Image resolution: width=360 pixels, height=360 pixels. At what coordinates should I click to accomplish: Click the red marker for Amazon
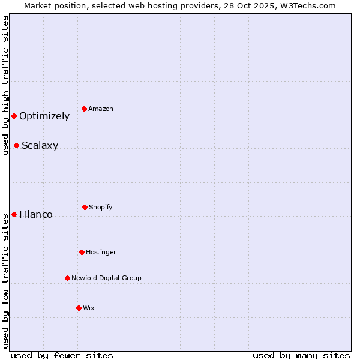coord(85,109)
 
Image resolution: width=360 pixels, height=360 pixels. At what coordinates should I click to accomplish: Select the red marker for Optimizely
coord(14,116)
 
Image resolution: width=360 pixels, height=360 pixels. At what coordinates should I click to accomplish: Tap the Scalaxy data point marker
coord(16,145)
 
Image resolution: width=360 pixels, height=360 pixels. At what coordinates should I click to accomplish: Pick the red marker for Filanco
coord(14,214)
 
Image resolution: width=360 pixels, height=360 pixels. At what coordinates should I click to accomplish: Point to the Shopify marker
coord(85,207)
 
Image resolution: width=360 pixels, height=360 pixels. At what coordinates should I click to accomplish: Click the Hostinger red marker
coord(82,252)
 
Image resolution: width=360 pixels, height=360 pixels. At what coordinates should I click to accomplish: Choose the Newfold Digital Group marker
coord(67,278)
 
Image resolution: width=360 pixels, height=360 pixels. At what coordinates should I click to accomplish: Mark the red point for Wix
coord(79,308)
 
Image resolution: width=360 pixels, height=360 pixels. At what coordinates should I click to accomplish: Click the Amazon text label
coord(101,109)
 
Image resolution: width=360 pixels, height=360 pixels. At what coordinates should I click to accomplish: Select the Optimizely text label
coord(44,116)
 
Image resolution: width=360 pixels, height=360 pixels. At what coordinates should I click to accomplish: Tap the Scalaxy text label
coord(40,146)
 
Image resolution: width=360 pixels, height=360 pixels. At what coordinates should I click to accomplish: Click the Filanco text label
coord(36,215)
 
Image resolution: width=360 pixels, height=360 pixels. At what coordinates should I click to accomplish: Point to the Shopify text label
coord(101,207)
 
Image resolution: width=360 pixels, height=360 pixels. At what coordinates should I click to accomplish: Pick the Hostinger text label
coord(101,252)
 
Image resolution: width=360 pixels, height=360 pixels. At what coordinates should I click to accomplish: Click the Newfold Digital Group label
coord(106,278)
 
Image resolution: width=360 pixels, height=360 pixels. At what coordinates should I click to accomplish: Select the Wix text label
coord(89,308)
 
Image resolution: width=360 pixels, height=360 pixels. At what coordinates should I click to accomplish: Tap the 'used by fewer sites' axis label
coord(62,355)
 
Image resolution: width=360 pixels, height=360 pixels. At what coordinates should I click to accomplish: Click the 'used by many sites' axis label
coord(301,355)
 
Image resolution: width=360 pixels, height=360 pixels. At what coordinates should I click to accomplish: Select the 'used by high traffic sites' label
coord(5,85)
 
